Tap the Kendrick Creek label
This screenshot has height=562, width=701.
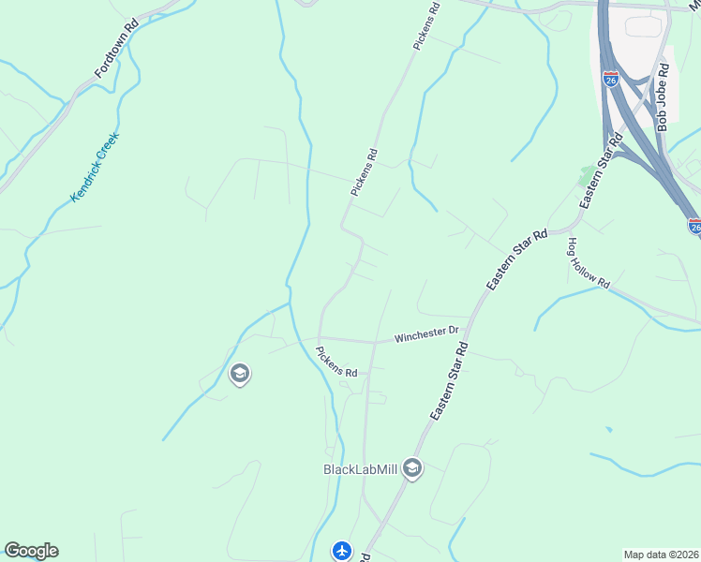(96, 168)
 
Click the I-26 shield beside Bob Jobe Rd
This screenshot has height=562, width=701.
(611, 80)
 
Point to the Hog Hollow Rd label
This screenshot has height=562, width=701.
(588, 262)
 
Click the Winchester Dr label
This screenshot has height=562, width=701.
(425, 333)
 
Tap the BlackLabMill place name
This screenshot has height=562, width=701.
(361, 469)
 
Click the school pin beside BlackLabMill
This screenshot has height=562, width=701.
(412, 469)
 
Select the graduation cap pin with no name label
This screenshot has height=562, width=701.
(239, 375)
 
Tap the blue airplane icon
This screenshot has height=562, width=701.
(343, 551)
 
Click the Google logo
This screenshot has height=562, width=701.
(31, 551)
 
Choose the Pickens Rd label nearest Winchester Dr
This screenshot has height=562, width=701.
(336, 361)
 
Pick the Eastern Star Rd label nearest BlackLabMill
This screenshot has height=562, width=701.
(449, 381)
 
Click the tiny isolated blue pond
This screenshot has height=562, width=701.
(608, 430)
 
